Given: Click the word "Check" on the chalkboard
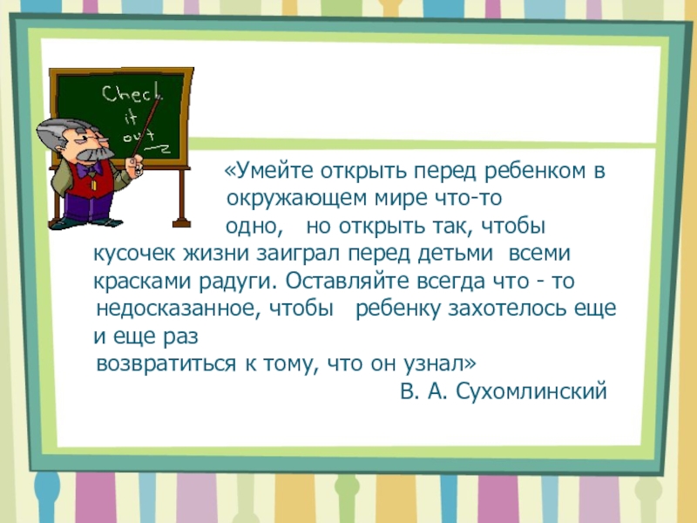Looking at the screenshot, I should click(129, 92).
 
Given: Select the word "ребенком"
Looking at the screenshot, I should click(539, 171).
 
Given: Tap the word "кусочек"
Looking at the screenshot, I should click(135, 255).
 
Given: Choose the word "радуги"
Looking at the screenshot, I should click(246, 282).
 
